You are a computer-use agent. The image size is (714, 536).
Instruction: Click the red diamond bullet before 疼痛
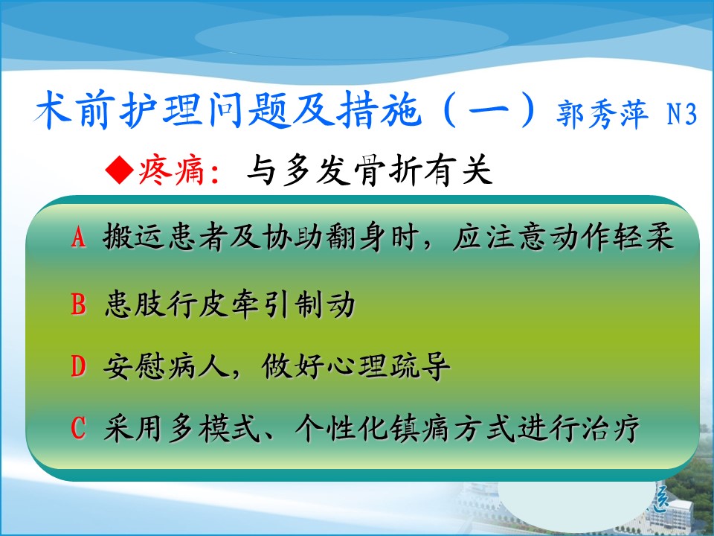point(119,170)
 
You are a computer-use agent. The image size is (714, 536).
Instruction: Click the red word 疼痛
point(171,170)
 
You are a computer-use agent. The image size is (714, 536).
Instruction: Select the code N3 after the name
point(682,113)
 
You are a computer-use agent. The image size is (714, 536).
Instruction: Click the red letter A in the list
point(78,237)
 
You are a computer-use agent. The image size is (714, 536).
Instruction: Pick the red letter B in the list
point(78,304)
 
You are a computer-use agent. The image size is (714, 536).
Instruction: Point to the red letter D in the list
point(78,366)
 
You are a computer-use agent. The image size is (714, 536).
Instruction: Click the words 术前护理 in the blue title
point(119,110)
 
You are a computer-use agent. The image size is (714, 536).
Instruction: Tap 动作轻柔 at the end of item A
point(611,237)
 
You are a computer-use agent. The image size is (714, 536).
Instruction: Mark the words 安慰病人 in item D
point(165,366)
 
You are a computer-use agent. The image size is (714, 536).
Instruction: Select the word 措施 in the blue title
point(378,110)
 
